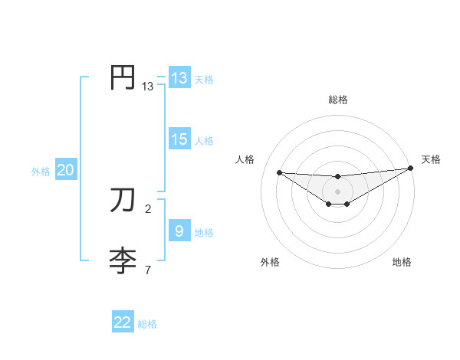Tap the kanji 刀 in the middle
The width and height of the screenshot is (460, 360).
click(123, 201)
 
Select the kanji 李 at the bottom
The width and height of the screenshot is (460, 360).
click(123, 260)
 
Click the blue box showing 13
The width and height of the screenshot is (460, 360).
click(179, 78)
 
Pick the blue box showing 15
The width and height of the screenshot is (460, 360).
click(179, 139)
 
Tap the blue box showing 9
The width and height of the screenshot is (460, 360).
click(179, 231)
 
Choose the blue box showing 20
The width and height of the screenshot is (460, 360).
click(65, 170)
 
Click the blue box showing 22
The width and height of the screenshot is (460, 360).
click(123, 322)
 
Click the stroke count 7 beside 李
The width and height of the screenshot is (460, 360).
click(147, 270)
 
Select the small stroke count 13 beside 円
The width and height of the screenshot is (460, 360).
click(147, 87)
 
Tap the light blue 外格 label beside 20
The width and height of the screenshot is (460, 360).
click(41, 172)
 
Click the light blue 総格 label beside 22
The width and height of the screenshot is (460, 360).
click(147, 324)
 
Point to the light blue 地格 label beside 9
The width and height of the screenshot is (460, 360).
click(204, 233)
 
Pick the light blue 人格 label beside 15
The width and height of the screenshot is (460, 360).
click(204, 141)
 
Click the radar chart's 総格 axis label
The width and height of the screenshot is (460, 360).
click(337, 100)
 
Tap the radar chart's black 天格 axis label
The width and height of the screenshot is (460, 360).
click(432, 159)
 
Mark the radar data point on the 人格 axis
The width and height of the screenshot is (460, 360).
click(279, 172)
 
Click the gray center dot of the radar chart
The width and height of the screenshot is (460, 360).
click(337, 191)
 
